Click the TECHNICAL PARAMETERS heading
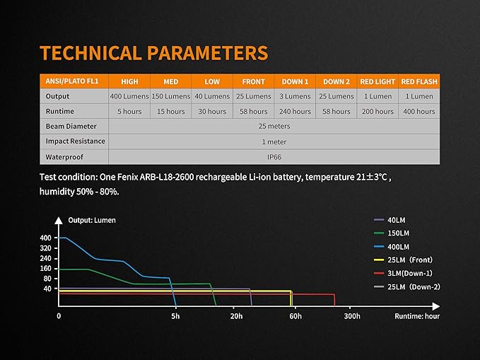point(154,53)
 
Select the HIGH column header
point(129,82)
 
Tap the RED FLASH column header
point(418,82)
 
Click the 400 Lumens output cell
point(129,96)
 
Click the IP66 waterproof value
point(273,156)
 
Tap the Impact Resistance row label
point(75,141)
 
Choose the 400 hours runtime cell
point(418,112)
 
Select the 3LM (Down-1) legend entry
point(410,272)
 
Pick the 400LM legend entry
point(398,247)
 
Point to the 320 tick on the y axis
point(46,248)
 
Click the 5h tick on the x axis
point(175,316)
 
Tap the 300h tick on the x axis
point(352,316)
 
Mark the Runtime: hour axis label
point(417,316)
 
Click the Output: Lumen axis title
point(92,220)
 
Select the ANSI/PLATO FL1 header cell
point(71,82)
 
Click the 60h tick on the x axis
point(294,316)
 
